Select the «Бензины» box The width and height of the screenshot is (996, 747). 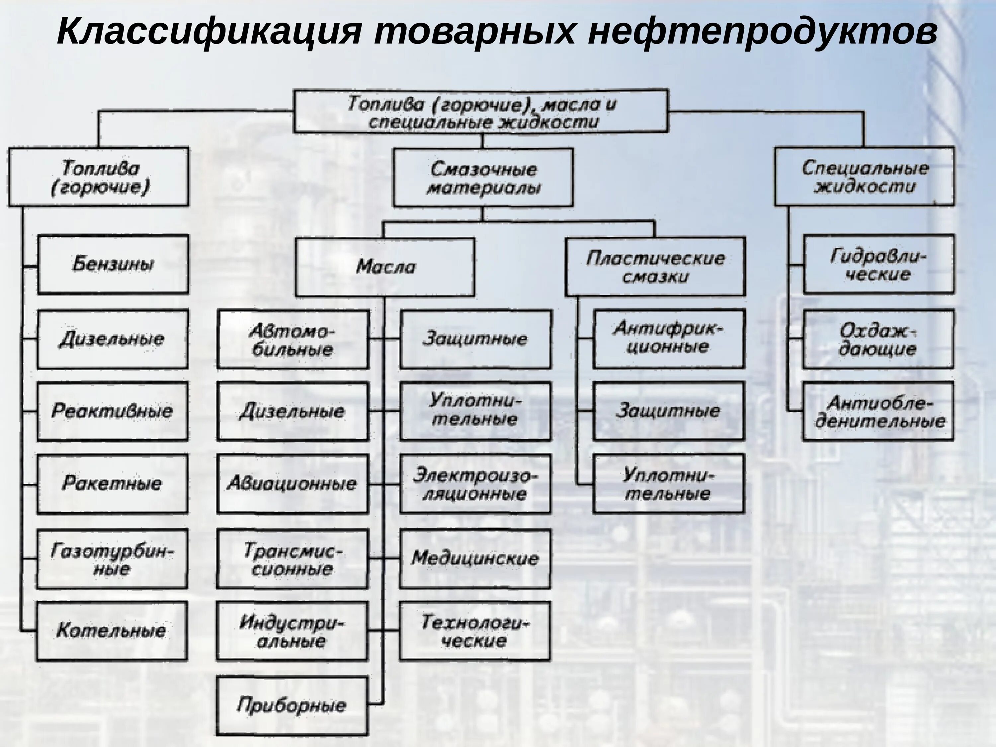[113, 264]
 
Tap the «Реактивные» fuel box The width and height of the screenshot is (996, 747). [112, 411]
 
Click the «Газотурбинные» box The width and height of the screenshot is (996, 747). [112, 559]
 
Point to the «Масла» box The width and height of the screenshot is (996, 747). [385, 267]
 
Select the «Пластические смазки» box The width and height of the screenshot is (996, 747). [655, 267]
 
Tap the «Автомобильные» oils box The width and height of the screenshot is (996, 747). [293, 340]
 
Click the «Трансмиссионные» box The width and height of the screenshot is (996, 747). [293, 559]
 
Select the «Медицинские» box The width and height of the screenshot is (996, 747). [475, 559]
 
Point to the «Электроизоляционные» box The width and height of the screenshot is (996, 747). [475, 484]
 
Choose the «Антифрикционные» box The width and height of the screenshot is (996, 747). [668, 339]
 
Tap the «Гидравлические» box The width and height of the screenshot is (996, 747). [878, 264]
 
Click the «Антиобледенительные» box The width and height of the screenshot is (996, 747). [878, 411]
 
